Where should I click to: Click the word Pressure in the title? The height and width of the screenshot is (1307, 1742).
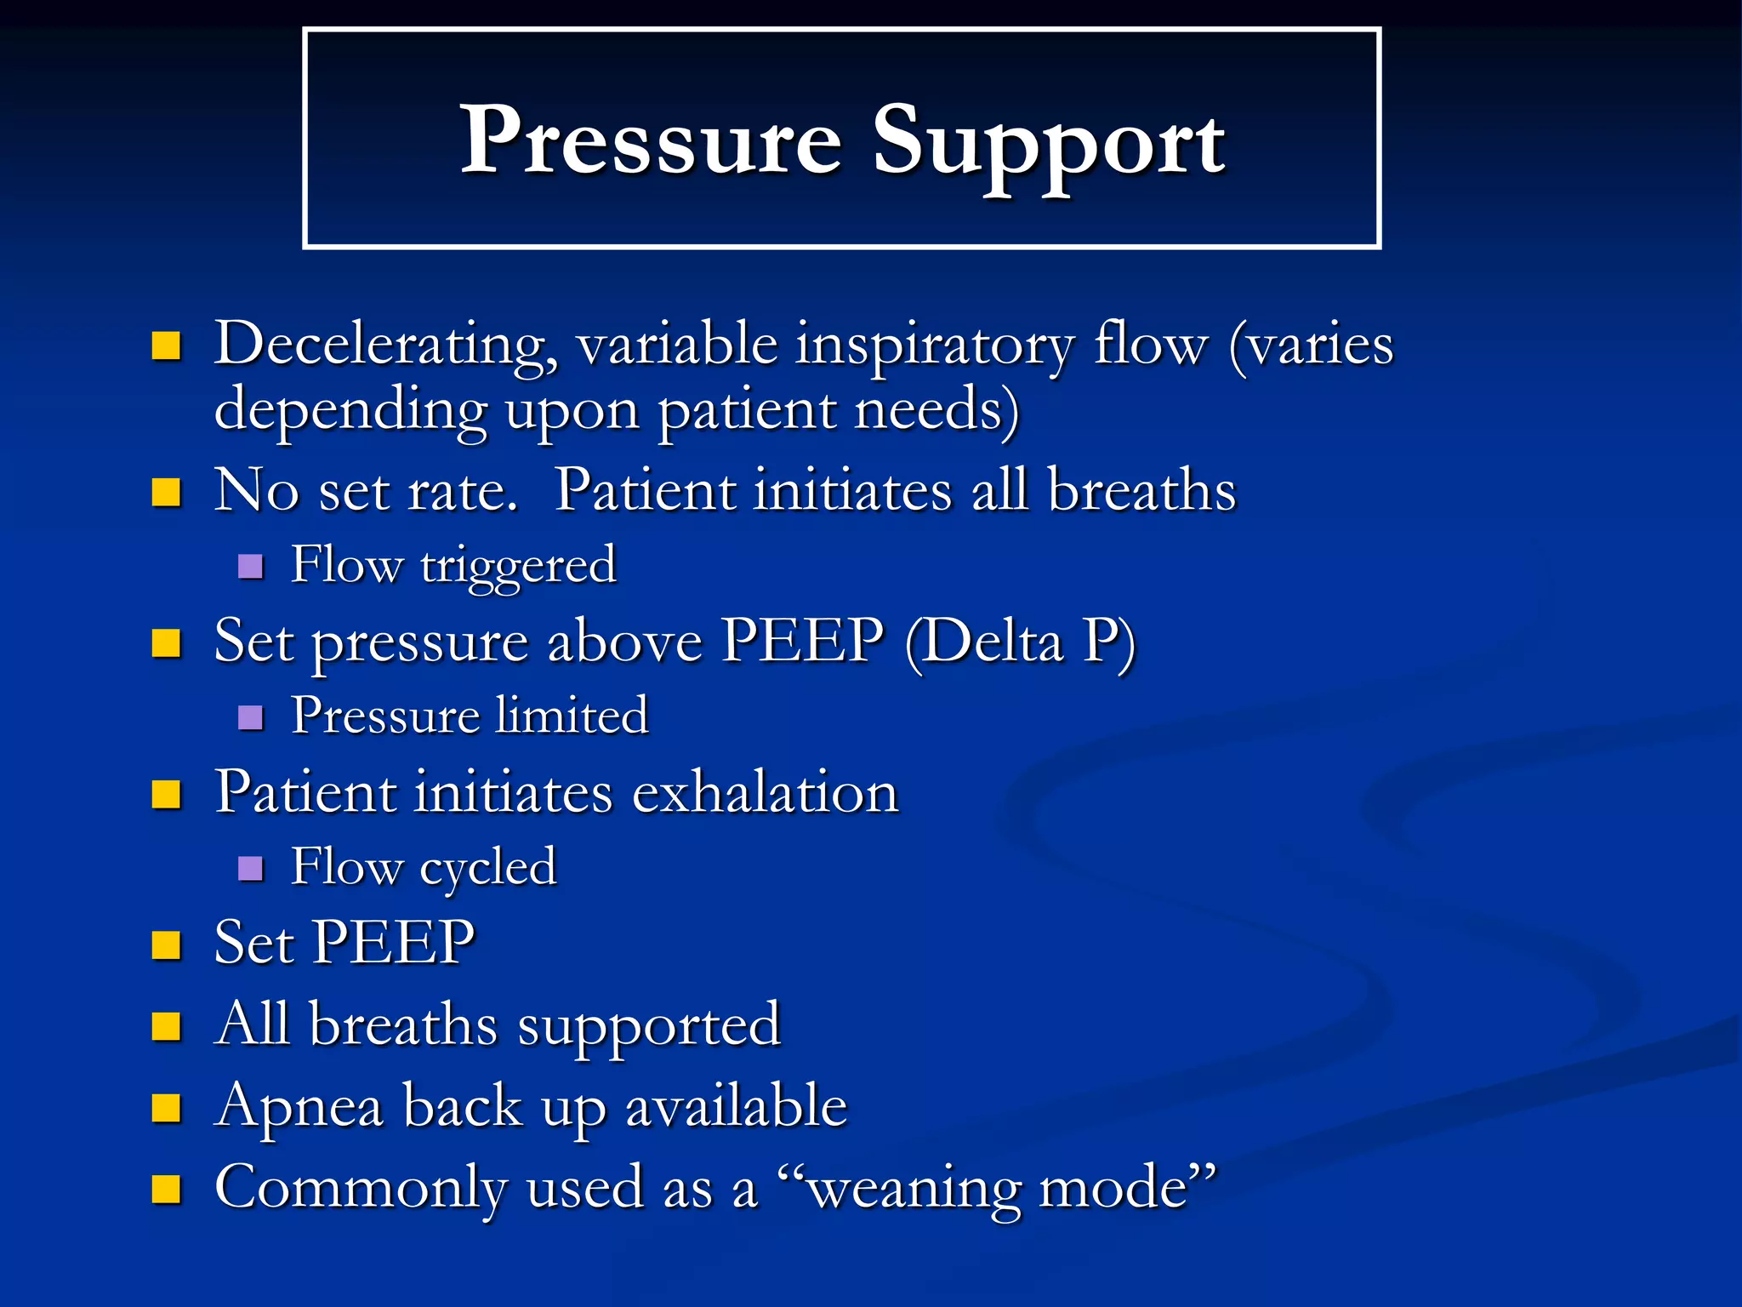tap(651, 140)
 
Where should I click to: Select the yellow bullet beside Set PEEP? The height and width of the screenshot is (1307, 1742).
tap(166, 945)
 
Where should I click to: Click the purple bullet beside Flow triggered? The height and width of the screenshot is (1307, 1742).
tap(250, 567)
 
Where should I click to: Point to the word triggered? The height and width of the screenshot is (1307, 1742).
tap(517, 567)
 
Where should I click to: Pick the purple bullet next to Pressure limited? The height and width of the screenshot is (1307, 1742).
tap(250, 717)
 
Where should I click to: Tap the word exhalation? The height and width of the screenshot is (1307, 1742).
tap(765, 793)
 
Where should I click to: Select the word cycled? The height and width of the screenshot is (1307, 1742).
tap(487, 869)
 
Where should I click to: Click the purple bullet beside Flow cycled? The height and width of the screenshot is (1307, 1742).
tap(250, 869)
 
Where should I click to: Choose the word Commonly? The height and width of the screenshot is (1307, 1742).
tap(361, 1190)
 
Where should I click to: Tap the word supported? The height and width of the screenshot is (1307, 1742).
tap(649, 1026)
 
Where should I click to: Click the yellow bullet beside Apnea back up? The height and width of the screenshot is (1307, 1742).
tap(166, 1108)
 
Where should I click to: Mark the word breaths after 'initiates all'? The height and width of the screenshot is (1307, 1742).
tap(1141, 492)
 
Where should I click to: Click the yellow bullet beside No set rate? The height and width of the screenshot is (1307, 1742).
tap(166, 492)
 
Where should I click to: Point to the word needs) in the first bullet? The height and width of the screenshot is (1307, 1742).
tap(936, 410)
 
